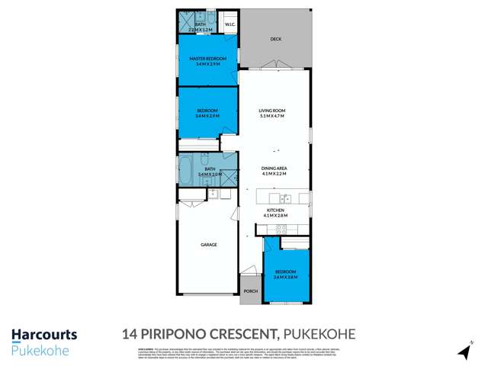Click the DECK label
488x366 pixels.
[x=275, y=40]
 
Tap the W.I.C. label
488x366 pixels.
[x=229, y=24]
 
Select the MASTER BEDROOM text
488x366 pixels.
[x=207, y=59]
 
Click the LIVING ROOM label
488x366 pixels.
[x=271, y=111]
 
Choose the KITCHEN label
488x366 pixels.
[x=275, y=210]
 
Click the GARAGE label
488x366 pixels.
[x=209, y=245]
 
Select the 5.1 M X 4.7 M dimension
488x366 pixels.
[x=271, y=117]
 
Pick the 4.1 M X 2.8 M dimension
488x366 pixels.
[x=275, y=215]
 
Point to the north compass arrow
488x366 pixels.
[x=462, y=352]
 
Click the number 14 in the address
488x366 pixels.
[x=130, y=334]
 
